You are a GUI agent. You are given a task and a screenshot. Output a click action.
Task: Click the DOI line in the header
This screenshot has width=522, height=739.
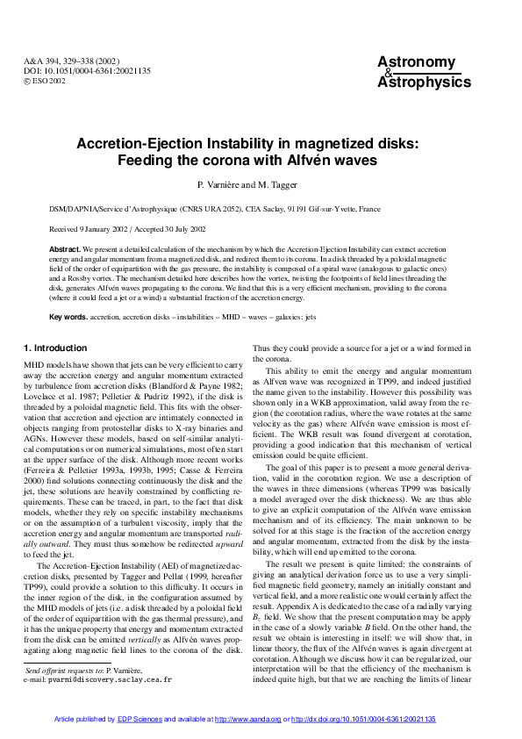[75, 72]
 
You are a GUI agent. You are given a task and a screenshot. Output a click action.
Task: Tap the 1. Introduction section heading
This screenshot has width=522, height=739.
[55, 348]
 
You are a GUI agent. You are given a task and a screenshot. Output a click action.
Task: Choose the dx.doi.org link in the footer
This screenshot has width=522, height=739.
[363, 719]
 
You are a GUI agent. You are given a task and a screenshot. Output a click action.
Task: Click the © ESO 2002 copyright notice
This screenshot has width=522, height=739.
[45, 82]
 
